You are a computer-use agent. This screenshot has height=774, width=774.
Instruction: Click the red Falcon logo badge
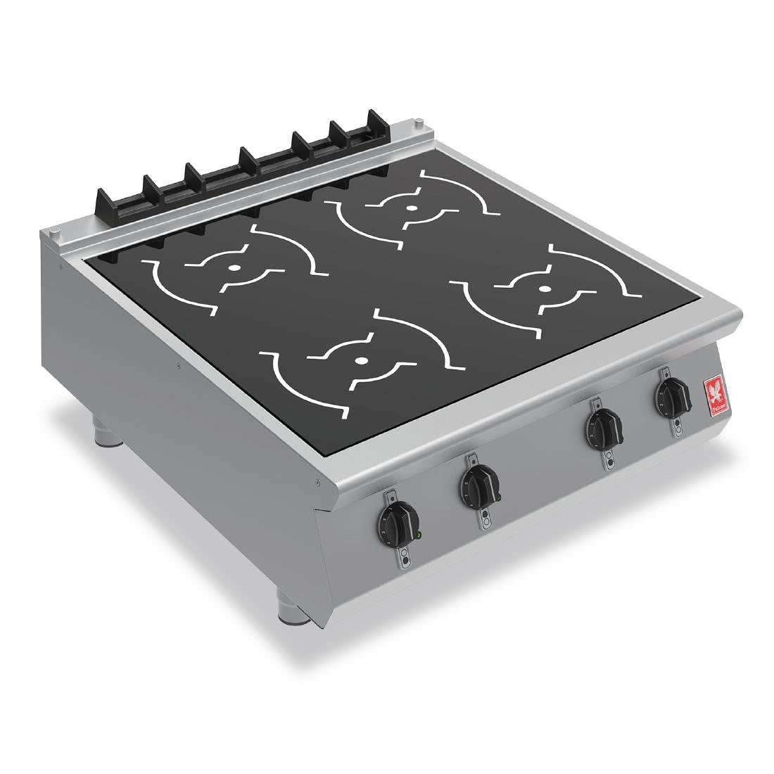[x=714, y=395]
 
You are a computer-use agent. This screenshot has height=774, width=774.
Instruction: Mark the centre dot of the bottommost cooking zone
[x=360, y=360]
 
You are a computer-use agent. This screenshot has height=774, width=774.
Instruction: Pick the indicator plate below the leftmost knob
[x=402, y=558]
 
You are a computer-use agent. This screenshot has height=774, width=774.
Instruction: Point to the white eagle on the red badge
[x=714, y=391]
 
